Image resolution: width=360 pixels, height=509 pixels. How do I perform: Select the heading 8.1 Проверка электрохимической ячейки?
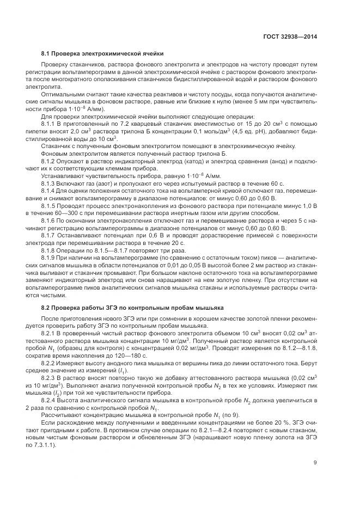pos(103,54)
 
